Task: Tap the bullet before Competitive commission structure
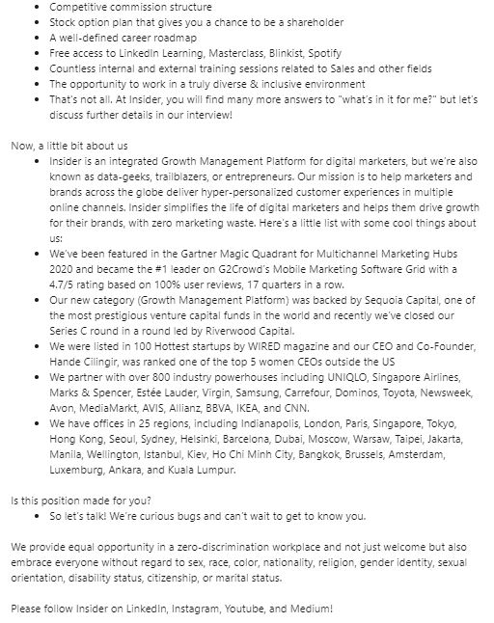[x=37, y=7]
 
